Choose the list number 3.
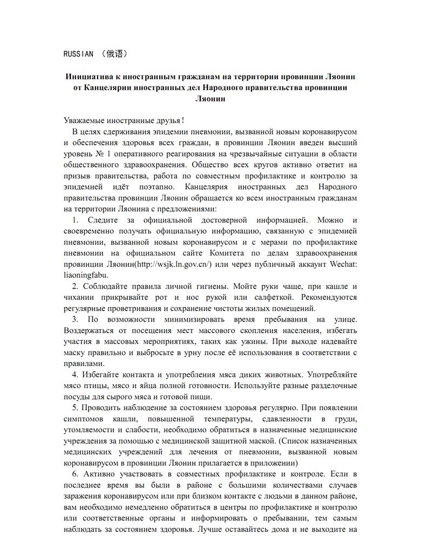coord(75,319)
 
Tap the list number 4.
coord(75,374)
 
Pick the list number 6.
coord(75,474)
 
